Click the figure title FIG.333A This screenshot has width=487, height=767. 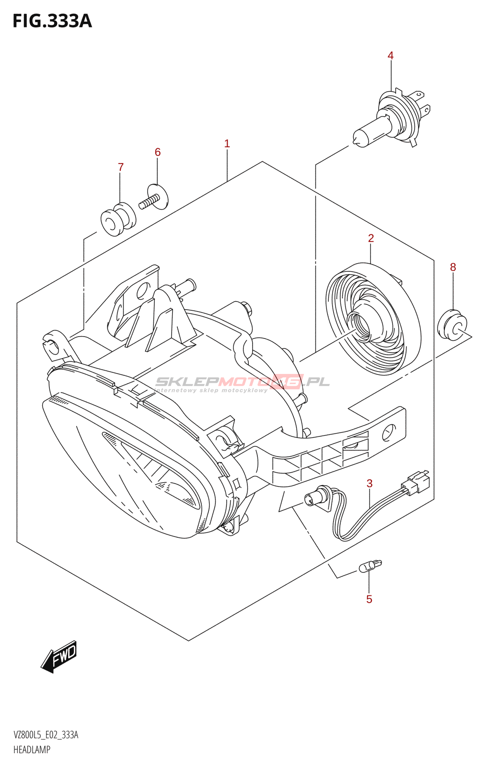tap(52, 21)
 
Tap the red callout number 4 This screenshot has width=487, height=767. tap(391, 56)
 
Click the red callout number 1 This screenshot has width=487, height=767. tap(227, 143)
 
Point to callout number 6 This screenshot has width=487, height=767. tap(158, 152)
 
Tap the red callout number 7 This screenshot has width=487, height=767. tap(121, 167)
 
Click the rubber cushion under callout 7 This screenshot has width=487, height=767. tap(118, 220)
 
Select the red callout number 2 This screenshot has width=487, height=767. tap(371, 238)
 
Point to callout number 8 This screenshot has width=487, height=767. tap(453, 267)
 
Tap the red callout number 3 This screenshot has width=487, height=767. tap(370, 483)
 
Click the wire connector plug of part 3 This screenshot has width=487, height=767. tap(416, 482)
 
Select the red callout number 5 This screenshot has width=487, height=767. tap(369, 599)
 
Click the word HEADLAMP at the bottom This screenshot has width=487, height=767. tap(32, 750)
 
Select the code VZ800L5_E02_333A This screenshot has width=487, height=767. tap(46, 735)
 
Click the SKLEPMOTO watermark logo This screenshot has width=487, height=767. tap(242, 382)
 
